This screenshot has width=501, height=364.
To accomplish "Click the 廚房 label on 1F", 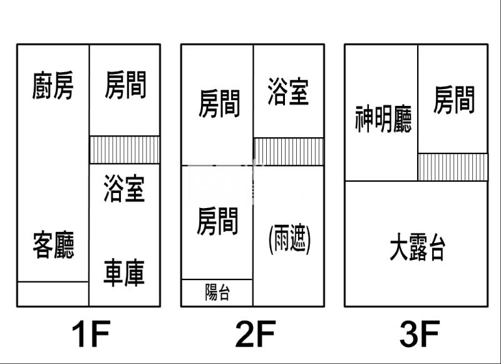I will coord(53,86).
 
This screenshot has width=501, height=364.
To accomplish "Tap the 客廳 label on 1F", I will coord(53,245).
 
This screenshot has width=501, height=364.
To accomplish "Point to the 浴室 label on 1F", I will coord(125,189).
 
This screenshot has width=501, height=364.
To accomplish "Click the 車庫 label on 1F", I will coord(125,273).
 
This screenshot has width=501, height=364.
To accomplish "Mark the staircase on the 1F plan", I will coord(125,150).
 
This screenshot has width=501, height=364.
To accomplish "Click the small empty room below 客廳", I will coord(53,294).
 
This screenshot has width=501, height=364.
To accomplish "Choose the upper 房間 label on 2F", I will coord(219,103).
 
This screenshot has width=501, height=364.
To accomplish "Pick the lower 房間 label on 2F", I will coord(217,222).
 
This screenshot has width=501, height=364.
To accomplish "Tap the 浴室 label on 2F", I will coord(288,91).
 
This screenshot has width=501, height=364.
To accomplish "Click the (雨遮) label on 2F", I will coord(289,239).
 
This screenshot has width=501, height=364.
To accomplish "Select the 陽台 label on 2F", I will coord(217,293).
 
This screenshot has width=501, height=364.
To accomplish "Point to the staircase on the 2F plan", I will coord(289,152).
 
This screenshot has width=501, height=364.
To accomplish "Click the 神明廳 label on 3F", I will coord(383,119).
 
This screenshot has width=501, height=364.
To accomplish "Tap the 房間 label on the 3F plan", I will coord(454,100).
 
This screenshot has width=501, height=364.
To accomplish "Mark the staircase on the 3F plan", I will coord(453,167).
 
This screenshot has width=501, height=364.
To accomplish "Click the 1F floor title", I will coord(91,333).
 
